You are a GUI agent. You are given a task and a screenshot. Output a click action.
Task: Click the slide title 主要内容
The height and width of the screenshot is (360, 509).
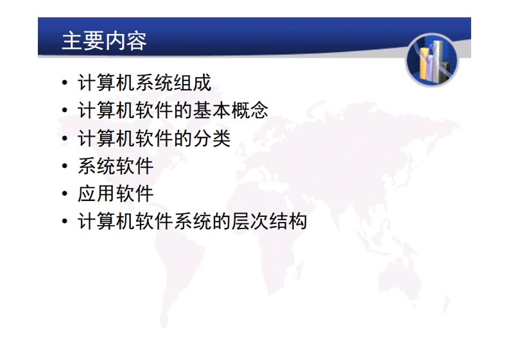(104, 41)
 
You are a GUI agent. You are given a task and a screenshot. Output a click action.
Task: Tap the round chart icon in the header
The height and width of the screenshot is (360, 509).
(432, 60)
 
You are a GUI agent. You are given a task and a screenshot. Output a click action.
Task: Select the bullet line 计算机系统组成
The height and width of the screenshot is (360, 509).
(145, 83)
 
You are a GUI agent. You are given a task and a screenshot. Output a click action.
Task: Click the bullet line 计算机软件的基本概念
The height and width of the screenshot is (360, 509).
(173, 110)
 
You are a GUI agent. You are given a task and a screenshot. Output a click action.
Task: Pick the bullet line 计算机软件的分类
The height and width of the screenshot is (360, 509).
(154, 138)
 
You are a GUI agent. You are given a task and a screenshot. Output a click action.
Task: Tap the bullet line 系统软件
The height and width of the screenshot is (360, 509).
(116, 166)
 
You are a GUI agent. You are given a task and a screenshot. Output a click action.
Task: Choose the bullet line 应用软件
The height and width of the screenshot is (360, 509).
(116, 194)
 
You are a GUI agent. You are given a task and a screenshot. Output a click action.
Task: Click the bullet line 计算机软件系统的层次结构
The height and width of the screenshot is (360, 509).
(193, 221)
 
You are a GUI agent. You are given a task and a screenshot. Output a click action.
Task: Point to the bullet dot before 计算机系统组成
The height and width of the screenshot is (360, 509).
(65, 83)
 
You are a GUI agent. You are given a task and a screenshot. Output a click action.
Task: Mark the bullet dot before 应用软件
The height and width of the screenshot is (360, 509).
(65, 194)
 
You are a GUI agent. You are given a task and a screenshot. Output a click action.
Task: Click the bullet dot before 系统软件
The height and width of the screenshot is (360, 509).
(65, 166)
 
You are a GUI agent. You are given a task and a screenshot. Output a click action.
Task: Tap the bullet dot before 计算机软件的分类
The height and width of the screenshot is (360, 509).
(65, 138)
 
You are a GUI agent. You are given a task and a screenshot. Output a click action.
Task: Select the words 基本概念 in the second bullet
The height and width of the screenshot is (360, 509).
(230, 110)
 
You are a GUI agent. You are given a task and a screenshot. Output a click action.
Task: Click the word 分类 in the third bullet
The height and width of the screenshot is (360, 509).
(212, 138)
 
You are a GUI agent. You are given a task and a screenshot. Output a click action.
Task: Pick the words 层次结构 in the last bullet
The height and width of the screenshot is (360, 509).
(269, 221)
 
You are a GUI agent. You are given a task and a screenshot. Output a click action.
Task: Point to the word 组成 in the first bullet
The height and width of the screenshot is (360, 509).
(193, 83)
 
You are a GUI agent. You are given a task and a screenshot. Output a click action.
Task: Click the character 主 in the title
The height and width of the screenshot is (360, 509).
(72, 41)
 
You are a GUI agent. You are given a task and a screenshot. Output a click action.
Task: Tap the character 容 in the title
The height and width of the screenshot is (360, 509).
(136, 41)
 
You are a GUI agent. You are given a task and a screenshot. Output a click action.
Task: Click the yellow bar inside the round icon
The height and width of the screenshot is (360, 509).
(424, 64)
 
